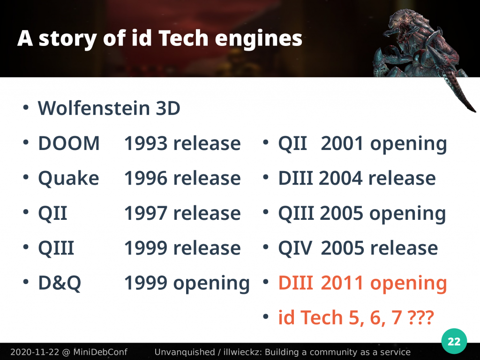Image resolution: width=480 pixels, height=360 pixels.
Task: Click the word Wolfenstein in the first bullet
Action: pos(94,108)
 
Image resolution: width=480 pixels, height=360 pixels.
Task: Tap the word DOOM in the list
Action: pos(69,143)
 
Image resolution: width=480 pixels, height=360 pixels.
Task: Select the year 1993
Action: pos(146,143)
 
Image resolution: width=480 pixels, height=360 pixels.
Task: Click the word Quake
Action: pos(68,178)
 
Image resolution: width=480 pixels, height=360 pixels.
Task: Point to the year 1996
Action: pos(146,178)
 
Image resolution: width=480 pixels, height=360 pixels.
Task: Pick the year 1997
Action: pos(146,213)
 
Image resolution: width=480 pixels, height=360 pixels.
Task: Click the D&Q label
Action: pos(60,283)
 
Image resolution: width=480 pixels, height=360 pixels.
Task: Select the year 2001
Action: pos(342,143)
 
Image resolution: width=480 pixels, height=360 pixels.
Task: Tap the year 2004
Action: pos(340,178)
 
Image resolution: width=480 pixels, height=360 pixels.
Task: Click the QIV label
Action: pos(295,248)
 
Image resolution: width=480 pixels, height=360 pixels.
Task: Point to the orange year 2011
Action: pos(342,283)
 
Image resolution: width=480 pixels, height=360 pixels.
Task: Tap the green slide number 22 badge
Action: pos(454,341)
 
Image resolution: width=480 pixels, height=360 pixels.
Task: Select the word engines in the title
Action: pos(259,39)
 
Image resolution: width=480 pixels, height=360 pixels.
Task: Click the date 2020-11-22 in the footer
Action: pos(35,352)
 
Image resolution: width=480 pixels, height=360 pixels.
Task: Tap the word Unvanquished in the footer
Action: pos(185,352)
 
